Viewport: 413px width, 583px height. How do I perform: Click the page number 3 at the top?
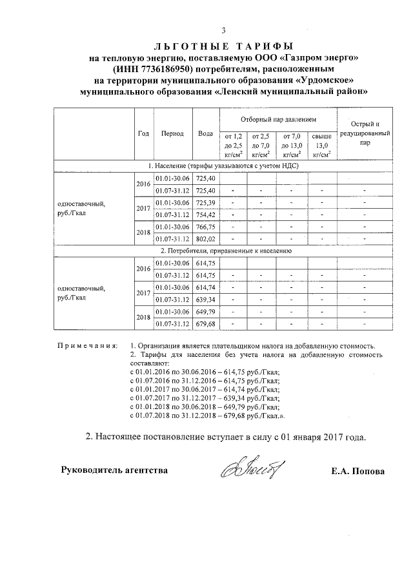[223, 31]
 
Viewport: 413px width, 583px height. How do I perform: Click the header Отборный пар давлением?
[279, 120]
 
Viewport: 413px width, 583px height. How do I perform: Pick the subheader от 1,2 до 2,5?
[233, 146]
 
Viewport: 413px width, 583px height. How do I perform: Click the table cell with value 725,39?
[206, 203]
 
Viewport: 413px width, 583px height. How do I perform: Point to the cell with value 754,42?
[206, 215]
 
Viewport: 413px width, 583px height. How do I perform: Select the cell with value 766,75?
[206, 227]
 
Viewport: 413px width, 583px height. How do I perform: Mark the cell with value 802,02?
[206, 238]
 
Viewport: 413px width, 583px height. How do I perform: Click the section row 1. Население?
[223, 166]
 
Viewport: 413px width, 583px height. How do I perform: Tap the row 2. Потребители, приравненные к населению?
[223, 251]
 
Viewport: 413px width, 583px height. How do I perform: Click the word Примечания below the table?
[87, 346]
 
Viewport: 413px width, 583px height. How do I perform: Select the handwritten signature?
[253, 470]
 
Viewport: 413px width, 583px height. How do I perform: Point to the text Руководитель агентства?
[114, 470]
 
